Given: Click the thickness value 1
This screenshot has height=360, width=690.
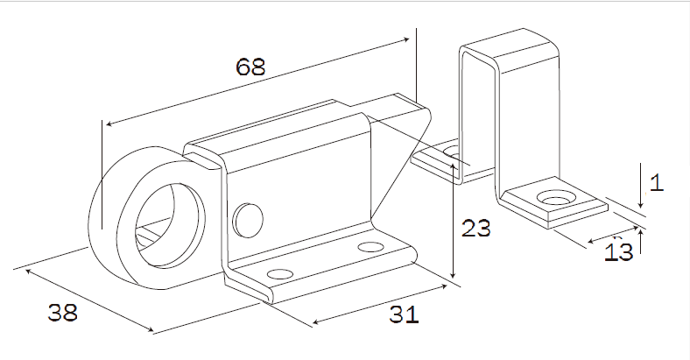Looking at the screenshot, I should click(x=658, y=183).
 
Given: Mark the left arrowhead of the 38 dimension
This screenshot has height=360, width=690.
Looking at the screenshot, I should click(x=28, y=272).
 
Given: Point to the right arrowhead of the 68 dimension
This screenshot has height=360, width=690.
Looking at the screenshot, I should click(x=408, y=39).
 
